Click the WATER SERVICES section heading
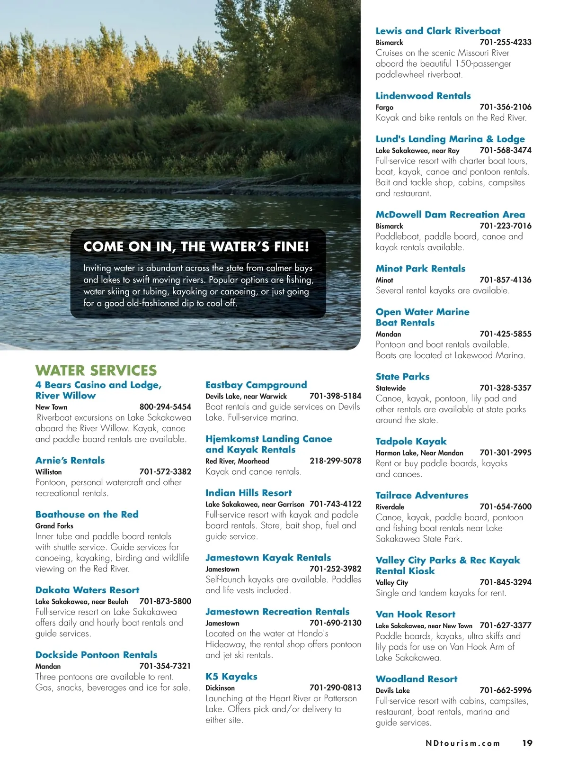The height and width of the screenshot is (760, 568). click(96, 370)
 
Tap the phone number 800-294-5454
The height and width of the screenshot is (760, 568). click(165, 407)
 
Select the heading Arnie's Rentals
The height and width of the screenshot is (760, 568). click(70, 460)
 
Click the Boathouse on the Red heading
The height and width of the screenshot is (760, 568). click(87, 514)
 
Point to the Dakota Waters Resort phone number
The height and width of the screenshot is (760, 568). click(165, 601)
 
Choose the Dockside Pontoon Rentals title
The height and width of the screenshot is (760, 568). click(96, 654)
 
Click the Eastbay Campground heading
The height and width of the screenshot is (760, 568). click(256, 385)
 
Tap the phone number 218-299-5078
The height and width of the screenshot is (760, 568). click(335, 461)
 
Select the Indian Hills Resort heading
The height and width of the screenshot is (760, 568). click(248, 493)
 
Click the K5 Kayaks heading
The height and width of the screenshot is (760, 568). click(231, 676)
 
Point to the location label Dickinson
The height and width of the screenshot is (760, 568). click(220, 688)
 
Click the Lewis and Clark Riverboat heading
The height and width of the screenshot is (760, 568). click(438, 31)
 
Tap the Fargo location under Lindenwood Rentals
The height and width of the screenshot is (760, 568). click(384, 108)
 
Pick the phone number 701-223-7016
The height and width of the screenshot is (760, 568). click(505, 226)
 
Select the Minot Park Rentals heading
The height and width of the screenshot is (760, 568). click(420, 268)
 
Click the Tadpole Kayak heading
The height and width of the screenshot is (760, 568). click(411, 441)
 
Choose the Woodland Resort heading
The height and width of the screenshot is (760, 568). click(417, 679)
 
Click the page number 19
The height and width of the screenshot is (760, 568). click(527, 743)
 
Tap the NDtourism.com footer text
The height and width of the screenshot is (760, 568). click(462, 743)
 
